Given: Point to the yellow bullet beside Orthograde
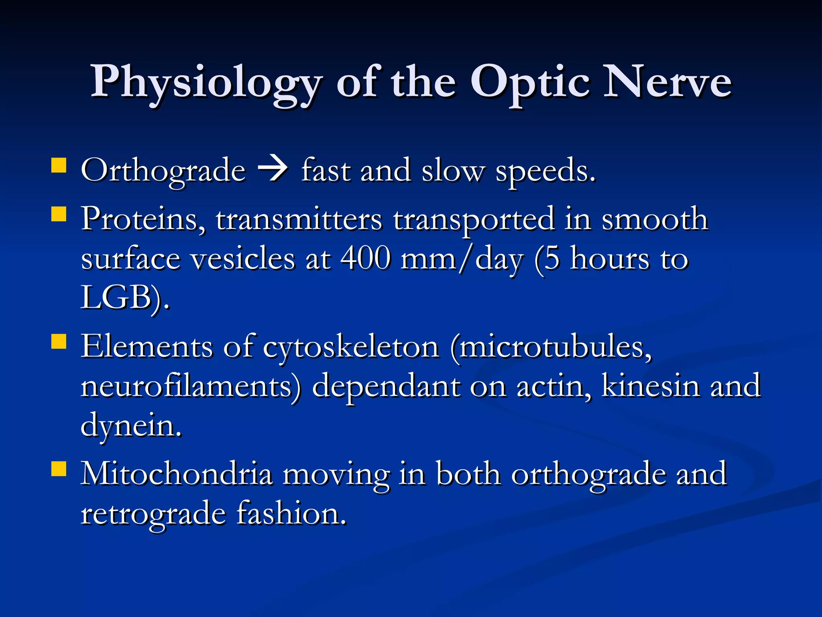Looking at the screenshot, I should (59, 165).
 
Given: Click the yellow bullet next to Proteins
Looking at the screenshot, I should (59, 214).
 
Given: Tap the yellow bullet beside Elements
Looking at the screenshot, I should (59, 342).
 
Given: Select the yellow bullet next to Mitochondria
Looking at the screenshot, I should (59, 468).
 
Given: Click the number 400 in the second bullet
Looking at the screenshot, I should (366, 258).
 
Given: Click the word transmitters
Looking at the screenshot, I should (299, 220).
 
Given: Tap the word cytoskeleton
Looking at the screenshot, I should (351, 347).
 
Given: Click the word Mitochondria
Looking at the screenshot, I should (177, 474).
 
